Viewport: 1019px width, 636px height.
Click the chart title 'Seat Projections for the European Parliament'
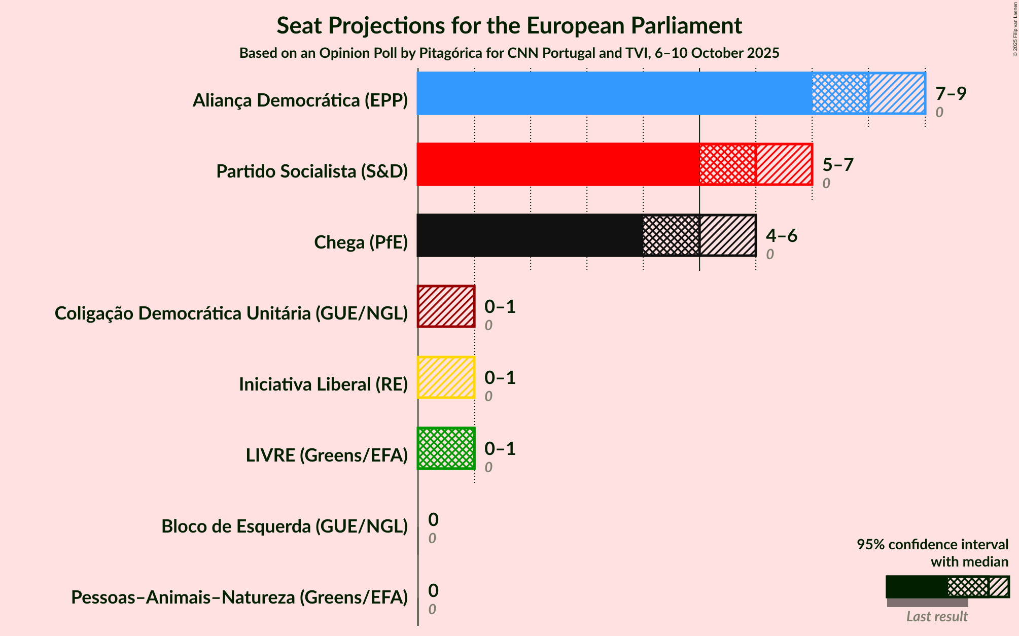pos(509,26)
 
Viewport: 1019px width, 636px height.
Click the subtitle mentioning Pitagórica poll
pos(509,53)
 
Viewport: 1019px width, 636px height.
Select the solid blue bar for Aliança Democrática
pos(614,93)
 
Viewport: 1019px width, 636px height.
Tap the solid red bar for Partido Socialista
pos(558,164)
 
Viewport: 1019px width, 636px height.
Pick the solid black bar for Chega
pos(530,235)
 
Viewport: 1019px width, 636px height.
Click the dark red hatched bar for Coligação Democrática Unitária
pos(446,306)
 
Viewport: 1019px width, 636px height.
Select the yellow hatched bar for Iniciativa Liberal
pos(446,377)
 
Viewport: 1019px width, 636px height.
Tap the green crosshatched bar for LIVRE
pos(446,448)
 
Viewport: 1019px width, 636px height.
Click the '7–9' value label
pos(951,93)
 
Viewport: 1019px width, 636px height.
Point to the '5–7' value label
pos(838,164)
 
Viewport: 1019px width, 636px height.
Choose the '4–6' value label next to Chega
pos(782,235)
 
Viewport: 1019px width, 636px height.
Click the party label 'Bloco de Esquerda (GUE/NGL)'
pos(285,526)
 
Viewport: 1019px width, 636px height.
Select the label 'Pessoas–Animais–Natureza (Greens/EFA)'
pos(239,597)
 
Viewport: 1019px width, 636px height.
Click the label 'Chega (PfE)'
pos(361,242)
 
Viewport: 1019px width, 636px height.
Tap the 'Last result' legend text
pos(937,617)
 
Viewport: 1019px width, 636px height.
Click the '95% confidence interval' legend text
pos(932,545)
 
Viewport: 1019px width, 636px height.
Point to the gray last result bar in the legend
pos(927,603)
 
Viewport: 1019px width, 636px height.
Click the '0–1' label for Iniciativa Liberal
pos(500,377)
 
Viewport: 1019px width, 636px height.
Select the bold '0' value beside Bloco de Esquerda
pos(433,519)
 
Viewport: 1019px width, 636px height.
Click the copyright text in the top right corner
pos(1015,28)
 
